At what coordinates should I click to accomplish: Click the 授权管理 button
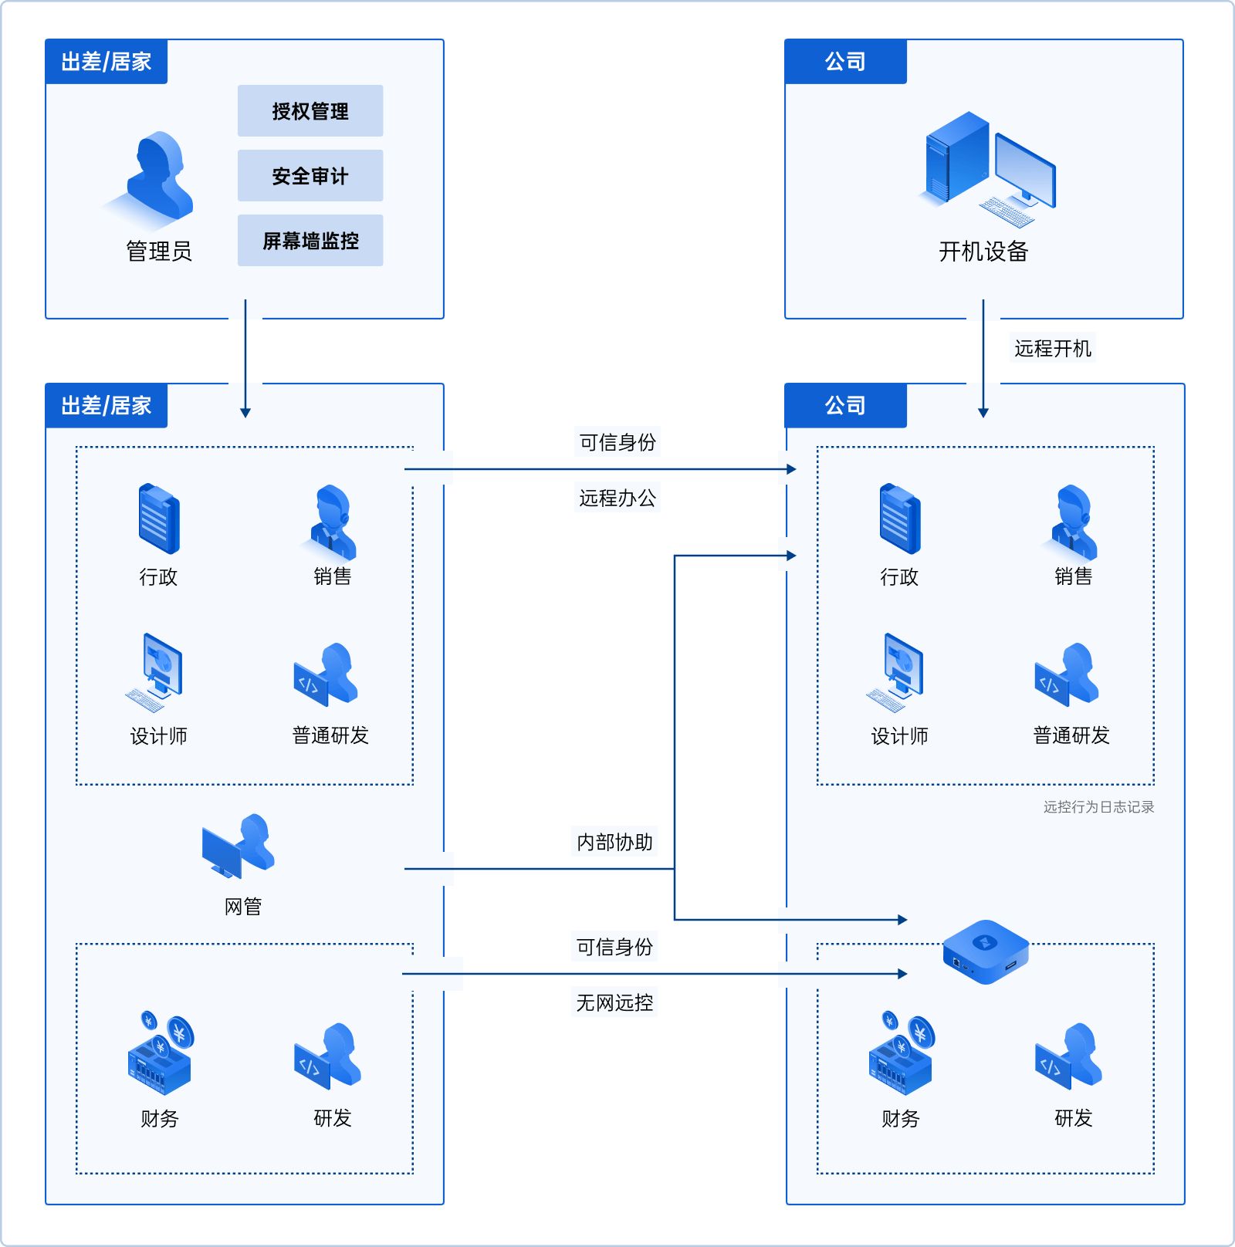[x=310, y=111]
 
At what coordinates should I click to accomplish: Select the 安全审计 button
[x=310, y=176]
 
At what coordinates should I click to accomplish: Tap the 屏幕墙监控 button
[x=310, y=241]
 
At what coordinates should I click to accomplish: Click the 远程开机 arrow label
[x=1052, y=349]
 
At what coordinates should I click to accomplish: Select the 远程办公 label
[x=617, y=498]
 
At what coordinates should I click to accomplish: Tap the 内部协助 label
[x=614, y=842]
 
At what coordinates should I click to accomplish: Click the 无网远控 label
[x=614, y=1002]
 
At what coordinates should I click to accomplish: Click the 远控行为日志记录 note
[x=1098, y=807]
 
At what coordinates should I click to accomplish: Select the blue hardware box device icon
[x=986, y=951]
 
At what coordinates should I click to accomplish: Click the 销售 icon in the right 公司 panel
[x=1073, y=522]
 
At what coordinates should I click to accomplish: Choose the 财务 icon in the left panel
[x=160, y=1053]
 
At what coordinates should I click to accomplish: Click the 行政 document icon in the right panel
[x=899, y=519]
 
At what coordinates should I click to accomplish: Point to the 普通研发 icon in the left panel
[x=327, y=674]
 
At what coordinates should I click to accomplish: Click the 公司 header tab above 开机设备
[x=845, y=62]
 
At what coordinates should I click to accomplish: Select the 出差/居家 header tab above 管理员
[x=107, y=62]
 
